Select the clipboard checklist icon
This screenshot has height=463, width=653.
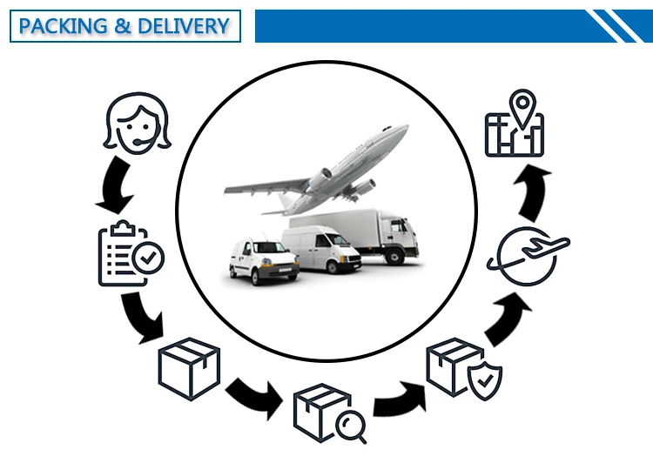point(129,254)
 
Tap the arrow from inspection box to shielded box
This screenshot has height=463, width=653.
point(397,397)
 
